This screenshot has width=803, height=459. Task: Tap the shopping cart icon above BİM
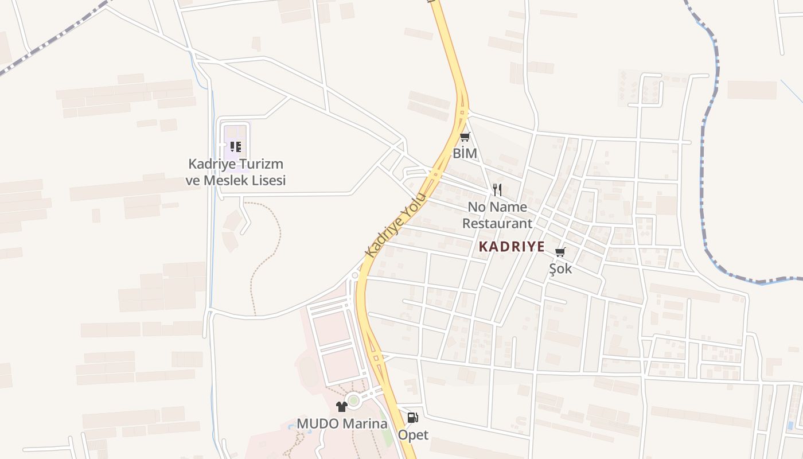point(465,137)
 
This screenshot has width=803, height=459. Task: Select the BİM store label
point(465,153)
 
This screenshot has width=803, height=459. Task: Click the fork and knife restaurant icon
point(497,190)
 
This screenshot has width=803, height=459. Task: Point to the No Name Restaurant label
point(497,215)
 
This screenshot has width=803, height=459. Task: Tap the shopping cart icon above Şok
point(560,252)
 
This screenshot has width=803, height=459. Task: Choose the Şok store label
point(560,269)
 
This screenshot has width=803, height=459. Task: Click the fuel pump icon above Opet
point(413,418)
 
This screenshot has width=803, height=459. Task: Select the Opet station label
point(413,435)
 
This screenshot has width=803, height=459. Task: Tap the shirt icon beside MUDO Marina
point(342,407)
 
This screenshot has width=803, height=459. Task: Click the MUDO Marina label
point(342,424)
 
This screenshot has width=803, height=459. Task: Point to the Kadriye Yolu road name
point(396,225)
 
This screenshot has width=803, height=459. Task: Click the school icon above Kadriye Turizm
point(235,147)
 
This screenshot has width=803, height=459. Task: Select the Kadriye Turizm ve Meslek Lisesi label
point(236,172)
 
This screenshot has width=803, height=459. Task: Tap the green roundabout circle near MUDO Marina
point(353,400)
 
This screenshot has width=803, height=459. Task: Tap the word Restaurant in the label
point(497,223)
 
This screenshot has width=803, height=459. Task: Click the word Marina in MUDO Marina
point(365,424)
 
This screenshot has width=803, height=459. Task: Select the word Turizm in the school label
point(260,164)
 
